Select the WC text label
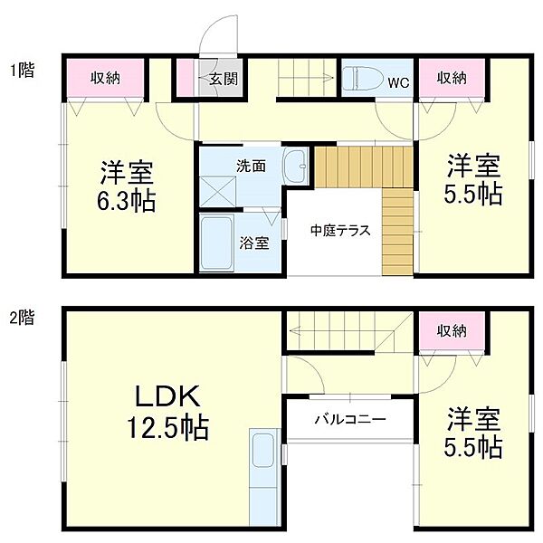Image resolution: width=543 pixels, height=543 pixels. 398,82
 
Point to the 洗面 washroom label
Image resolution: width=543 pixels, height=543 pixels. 251,167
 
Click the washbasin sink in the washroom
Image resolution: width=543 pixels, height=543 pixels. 296,166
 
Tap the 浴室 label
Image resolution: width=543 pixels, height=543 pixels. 254,243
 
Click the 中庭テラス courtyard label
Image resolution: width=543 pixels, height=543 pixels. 340,230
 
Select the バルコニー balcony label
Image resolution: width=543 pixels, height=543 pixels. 350,419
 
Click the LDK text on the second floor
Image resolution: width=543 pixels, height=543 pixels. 168,397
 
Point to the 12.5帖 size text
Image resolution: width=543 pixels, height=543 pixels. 168,427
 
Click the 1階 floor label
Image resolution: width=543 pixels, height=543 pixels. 22,71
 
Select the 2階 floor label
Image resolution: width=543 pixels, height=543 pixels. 22,318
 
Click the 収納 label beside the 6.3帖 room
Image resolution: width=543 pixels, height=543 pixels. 105,78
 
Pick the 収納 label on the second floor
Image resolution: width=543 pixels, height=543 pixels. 452,331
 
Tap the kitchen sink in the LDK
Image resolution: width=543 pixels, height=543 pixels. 263,450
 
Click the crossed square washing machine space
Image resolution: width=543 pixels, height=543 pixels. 218,192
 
